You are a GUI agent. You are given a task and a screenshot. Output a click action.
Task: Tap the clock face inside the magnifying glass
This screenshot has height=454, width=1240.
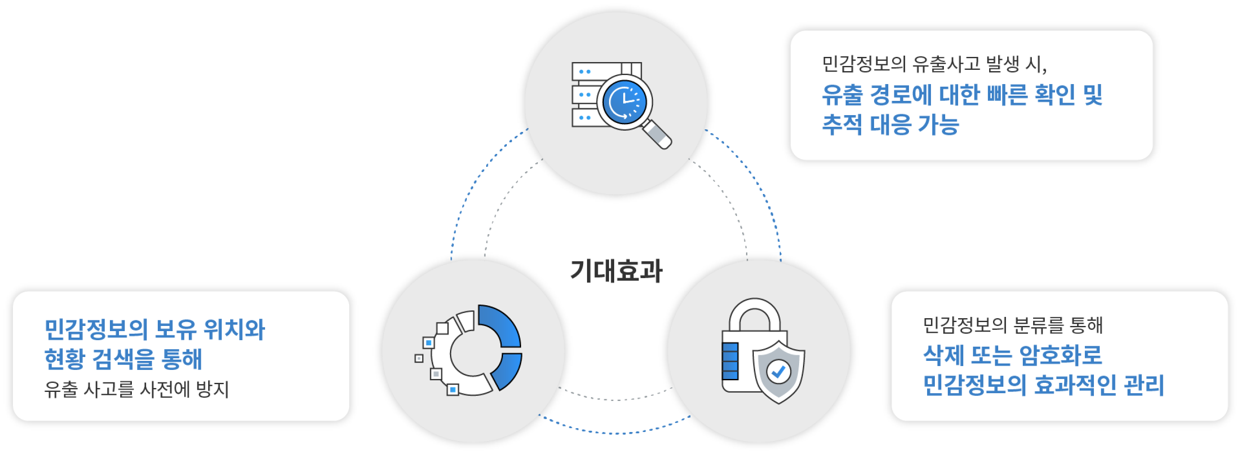pyautogui.click(x=625, y=103)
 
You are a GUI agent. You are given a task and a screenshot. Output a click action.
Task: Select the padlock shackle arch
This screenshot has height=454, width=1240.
pyautogui.click(x=754, y=315)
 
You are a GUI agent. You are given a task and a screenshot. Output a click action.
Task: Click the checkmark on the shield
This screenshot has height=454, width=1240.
pyautogui.click(x=778, y=372)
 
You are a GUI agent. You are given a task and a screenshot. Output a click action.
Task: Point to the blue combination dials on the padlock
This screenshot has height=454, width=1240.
pyautogui.click(x=730, y=361)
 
